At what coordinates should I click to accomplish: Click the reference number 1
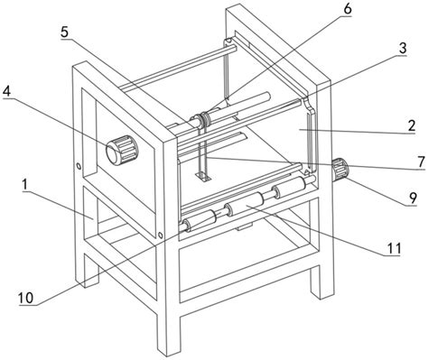click(24, 185)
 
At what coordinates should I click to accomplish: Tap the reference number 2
click(411, 125)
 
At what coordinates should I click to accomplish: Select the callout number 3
click(403, 48)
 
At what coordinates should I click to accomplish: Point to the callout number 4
click(6, 91)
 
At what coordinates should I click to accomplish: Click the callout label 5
click(64, 32)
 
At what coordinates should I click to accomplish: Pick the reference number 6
click(347, 9)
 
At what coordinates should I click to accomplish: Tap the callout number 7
click(421, 162)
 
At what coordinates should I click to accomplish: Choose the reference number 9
click(413, 198)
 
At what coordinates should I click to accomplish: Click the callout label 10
click(26, 298)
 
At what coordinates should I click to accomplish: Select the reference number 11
click(394, 248)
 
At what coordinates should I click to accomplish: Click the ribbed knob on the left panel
click(122, 150)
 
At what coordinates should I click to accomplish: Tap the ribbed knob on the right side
click(340, 170)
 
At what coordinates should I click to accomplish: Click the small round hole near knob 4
click(79, 166)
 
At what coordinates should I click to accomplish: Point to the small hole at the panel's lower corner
click(161, 235)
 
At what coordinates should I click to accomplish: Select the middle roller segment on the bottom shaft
click(245, 204)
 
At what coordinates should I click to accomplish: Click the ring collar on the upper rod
click(204, 117)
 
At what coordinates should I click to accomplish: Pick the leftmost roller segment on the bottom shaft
click(200, 221)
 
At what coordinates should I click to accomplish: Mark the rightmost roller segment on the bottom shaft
click(291, 185)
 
